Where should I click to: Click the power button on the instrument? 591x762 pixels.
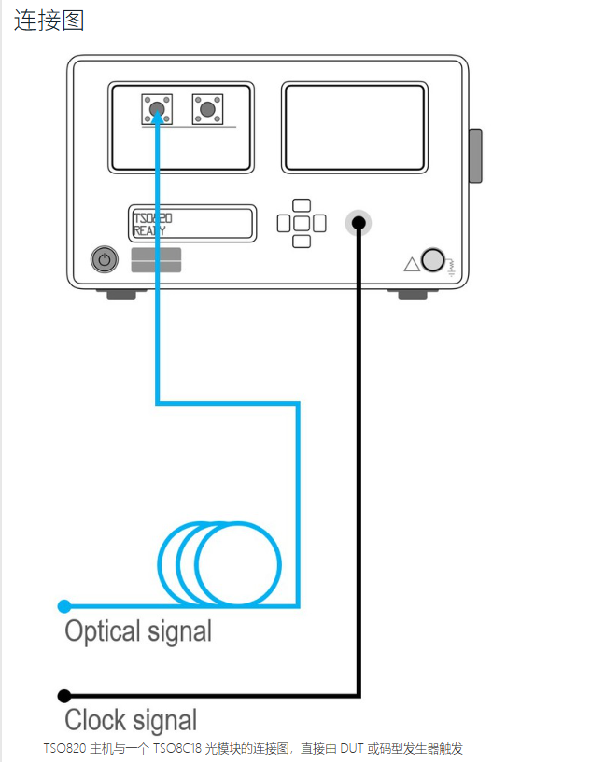point(105,259)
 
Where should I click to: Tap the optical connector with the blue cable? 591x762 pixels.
point(157,110)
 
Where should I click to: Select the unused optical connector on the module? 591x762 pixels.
point(207,110)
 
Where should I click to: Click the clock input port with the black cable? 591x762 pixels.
point(358,223)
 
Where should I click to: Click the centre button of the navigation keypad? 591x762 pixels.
point(301,224)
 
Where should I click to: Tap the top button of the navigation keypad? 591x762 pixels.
point(301,205)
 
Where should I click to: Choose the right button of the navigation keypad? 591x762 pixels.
point(319,224)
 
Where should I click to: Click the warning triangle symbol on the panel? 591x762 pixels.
point(412,264)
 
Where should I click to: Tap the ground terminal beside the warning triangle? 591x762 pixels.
point(432,259)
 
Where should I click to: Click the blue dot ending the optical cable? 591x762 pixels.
point(63,606)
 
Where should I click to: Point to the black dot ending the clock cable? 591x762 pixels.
point(63,696)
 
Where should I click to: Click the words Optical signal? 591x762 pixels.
point(138,631)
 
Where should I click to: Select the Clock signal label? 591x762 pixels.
point(131,720)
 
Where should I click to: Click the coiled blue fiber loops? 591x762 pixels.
point(220,563)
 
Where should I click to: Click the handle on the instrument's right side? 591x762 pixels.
point(475,156)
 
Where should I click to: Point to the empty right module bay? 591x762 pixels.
point(355,128)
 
